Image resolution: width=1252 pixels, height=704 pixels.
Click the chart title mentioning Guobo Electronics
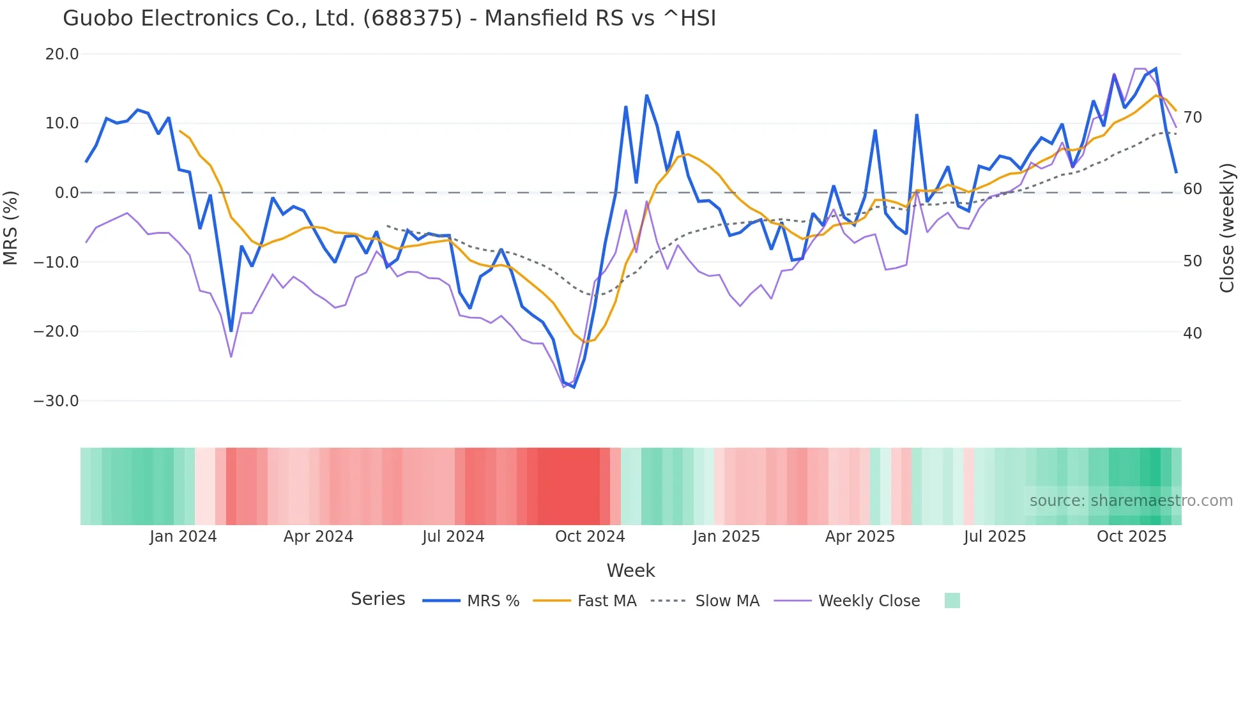pyautogui.click(x=389, y=19)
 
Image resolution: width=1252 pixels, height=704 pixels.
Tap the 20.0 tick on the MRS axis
pyautogui.click(x=62, y=54)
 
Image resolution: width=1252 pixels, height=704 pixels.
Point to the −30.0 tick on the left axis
pyautogui.click(x=57, y=401)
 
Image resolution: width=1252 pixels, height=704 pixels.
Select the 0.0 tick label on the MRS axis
pyautogui.click(x=66, y=193)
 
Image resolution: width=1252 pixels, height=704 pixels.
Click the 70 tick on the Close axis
pyautogui.click(x=1193, y=118)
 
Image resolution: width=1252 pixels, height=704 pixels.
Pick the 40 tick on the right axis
pyautogui.click(x=1193, y=333)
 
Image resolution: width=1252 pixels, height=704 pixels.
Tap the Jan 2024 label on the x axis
pyautogui.click(x=183, y=537)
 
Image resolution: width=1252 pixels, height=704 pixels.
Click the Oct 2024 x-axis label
pyautogui.click(x=590, y=537)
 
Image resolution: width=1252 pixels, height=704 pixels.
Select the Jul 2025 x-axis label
pyautogui.click(x=995, y=537)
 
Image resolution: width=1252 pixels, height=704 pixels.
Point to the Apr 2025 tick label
pyautogui.click(x=860, y=537)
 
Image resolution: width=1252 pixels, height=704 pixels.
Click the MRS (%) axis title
pyautogui.click(x=11, y=227)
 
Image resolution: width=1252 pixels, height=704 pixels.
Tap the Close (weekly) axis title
pyautogui.click(x=1227, y=228)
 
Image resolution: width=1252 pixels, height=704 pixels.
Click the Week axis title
pyautogui.click(x=630, y=570)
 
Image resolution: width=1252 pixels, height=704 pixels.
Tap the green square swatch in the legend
pyautogui.click(x=952, y=601)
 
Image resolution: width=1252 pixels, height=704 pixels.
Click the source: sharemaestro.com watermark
pyautogui.click(x=1131, y=501)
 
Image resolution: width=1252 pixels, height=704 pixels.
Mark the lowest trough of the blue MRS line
pyautogui.click(x=574, y=387)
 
